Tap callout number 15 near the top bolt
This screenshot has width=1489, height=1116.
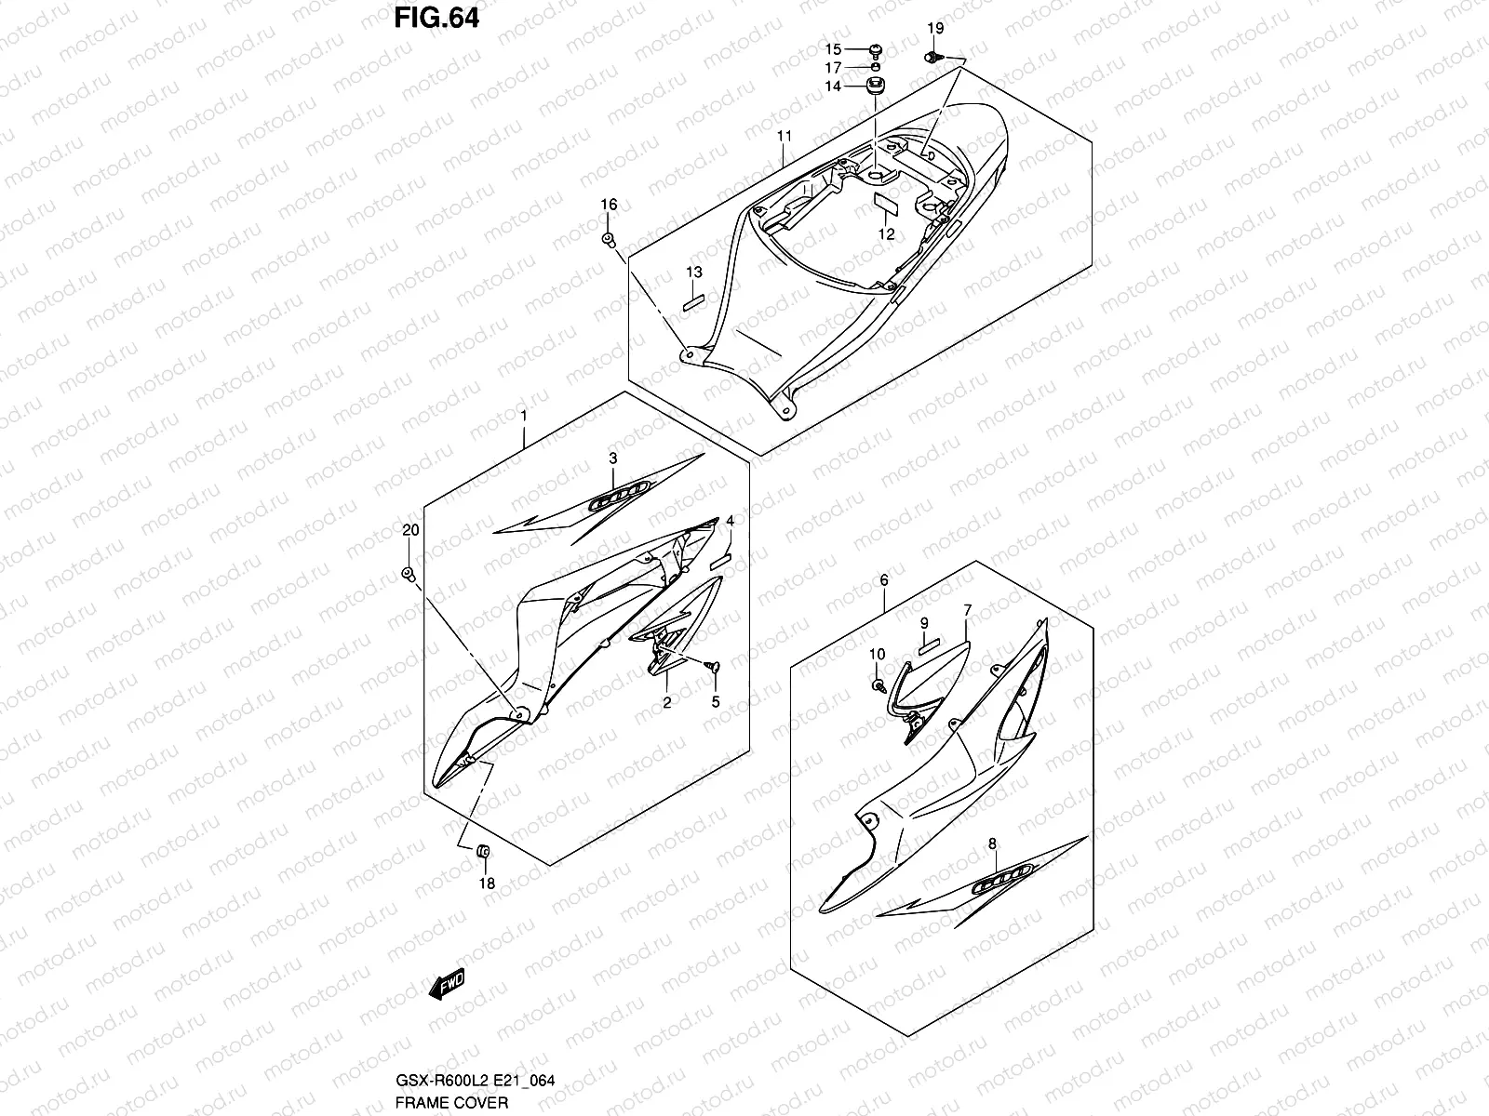[833, 49]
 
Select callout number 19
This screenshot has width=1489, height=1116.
[935, 31]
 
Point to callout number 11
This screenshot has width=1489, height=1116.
[785, 136]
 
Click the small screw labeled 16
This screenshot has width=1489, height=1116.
[609, 241]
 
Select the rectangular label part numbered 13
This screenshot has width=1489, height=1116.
[694, 301]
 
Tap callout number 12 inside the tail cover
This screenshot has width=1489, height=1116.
[886, 234]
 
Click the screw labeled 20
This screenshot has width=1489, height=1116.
[408, 573]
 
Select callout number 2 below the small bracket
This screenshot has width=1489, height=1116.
[667, 703]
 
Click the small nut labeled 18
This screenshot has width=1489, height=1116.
[483, 851]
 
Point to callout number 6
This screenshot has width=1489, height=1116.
[884, 580]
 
